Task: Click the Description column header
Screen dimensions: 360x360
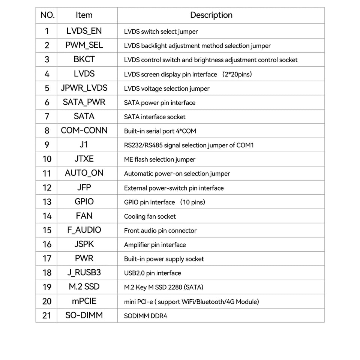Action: click(211, 15)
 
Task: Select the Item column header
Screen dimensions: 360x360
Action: click(84, 15)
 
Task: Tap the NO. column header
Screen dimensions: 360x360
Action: click(47, 15)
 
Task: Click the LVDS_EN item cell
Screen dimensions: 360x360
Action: click(84, 31)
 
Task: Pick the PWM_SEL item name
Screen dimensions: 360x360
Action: click(84, 45)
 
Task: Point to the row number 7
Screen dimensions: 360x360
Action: click(47, 117)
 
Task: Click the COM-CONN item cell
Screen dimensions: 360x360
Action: click(84, 130)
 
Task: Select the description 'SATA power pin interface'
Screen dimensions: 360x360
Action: click(160, 103)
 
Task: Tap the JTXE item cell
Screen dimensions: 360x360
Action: click(84, 159)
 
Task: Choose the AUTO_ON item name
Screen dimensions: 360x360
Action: click(84, 173)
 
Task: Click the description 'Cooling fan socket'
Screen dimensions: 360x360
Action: click(150, 216)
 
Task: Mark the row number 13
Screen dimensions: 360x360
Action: click(47, 202)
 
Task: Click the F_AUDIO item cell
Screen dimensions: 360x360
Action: click(84, 230)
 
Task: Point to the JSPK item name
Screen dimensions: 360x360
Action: click(84, 244)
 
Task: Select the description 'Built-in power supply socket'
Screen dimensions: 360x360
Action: click(164, 259)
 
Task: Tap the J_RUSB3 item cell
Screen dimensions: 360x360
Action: click(84, 273)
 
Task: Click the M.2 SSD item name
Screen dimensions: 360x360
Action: click(84, 287)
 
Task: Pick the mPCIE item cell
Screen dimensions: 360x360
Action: click(84, 301)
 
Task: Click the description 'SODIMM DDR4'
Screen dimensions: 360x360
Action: click(145, 316)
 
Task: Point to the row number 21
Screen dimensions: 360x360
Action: click(47, 315)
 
